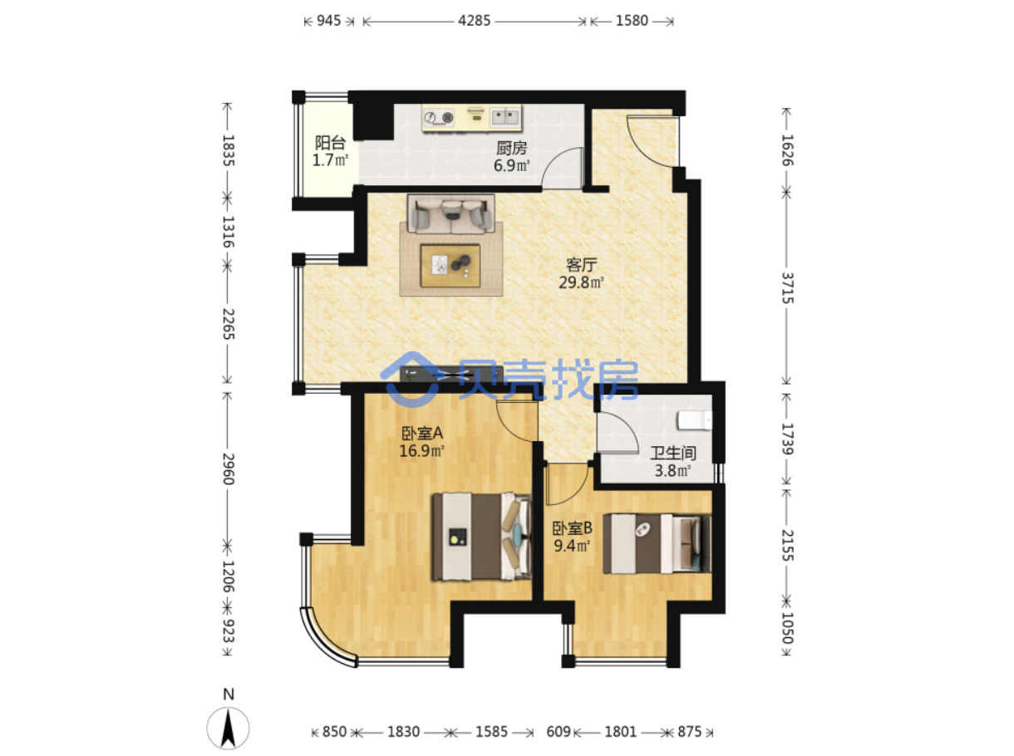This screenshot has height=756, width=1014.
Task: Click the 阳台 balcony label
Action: [x=330, y=143]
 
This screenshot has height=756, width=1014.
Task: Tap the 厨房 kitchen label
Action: [x=511, y=148]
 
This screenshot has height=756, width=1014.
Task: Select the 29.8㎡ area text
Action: [x=581, y=282]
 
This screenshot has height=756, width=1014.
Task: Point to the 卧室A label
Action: [x=422, y=433]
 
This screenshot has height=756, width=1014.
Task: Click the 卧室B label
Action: [x=573, y=528]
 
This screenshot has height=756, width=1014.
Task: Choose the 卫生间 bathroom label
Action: [x=673, y=453]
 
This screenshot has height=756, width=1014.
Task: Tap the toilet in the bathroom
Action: [x=694, y=420]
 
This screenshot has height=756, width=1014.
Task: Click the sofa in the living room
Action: [x=450, y=214]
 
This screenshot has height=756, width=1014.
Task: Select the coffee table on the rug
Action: [x=450, y=265]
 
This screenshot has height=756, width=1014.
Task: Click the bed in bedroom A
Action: [x=482, y=537]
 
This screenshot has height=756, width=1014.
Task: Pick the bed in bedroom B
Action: [x=657, y=543]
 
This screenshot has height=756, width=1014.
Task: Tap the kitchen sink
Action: [x=505, y=116]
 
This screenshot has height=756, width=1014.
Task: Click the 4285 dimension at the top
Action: [x=474, y=21]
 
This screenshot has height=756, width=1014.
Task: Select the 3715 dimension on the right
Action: [x=787, y=288]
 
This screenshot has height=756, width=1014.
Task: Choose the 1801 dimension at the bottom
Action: [x=620, y=732]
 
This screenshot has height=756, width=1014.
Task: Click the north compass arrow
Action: [x=228, y=729]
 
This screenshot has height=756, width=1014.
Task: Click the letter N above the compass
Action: [x=229, y=694]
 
